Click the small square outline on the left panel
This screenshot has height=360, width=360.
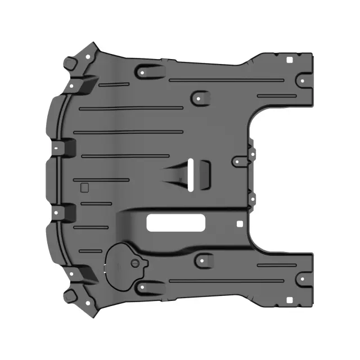click(x=84, y=188)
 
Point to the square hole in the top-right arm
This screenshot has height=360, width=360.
click(x=288, y=60)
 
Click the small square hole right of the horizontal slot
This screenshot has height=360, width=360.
click(x=241, y=223)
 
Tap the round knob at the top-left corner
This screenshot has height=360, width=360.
click(x=70, y=61)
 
